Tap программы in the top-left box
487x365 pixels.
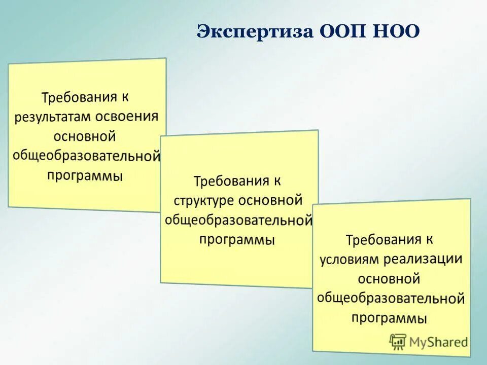click(x=85, y=175)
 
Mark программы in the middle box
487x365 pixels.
click(x=237, y=239)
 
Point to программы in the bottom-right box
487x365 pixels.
click(x=389, y=318)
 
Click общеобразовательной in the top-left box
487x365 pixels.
click(x=86, y=156)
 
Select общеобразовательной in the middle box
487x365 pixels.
click(x=238, y=220)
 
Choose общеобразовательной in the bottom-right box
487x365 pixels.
click(x=391, y=298)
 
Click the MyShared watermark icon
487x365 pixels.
click(x=398, y=341)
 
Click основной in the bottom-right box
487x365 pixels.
click(x=389, y=279)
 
